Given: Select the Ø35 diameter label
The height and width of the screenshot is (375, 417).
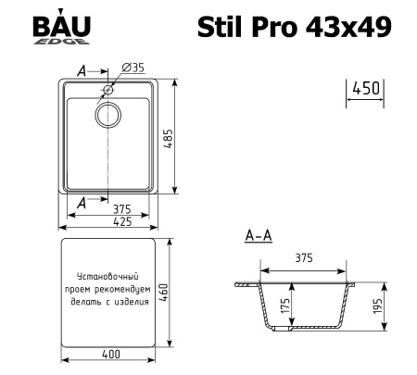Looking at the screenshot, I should (x=132, y=69).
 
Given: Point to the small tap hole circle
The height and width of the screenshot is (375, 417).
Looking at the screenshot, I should (x=108, y=91).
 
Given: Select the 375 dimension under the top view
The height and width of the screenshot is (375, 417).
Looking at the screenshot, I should (x=109, y=208).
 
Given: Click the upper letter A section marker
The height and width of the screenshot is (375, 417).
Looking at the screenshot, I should (x=82, y=69).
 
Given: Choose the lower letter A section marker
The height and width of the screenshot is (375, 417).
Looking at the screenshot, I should (x=82, y=201).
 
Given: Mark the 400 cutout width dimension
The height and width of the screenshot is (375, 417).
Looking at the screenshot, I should (x=108, y=356).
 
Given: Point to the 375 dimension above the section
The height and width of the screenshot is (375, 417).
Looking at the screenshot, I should (x=304, y=259).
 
